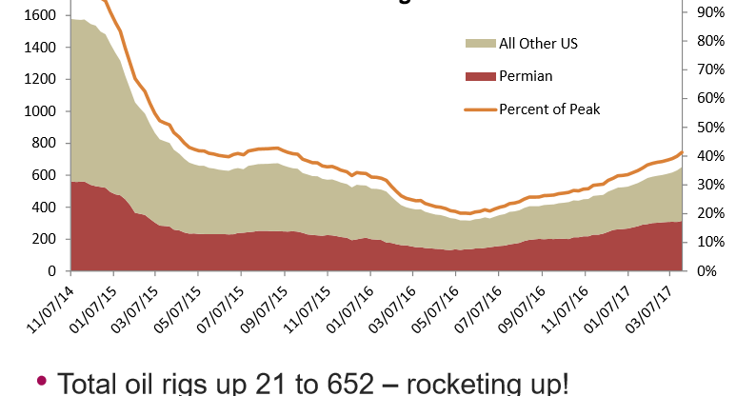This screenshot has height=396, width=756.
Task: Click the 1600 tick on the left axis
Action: coord(46,15)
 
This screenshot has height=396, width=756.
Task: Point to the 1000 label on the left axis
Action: coord(46,111)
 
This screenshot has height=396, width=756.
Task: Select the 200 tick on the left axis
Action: coord(50,239)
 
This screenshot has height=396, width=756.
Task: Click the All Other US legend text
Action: coord(538,44)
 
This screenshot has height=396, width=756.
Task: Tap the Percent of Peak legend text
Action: coord(549,109)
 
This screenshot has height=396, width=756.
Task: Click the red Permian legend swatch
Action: coord(478,76)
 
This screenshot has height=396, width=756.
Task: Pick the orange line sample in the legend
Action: coord(478,109)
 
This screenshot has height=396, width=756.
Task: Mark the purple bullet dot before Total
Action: coord(41,381)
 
